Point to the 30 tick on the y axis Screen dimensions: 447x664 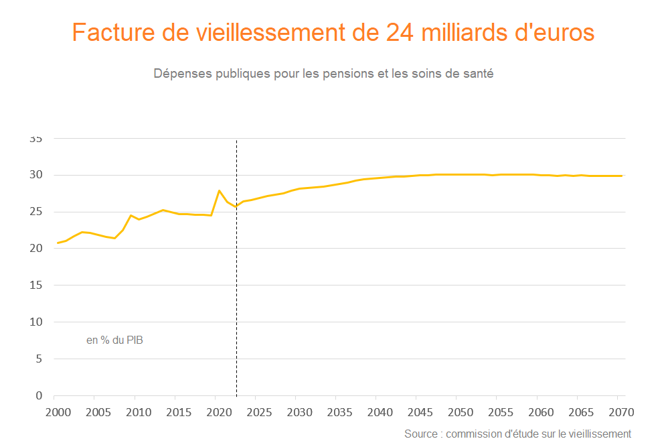tap(36, 175)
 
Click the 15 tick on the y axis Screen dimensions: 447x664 tap(36, 285)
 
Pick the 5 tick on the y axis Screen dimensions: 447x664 tap(39, 359)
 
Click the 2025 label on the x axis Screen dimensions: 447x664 tap(258, 411)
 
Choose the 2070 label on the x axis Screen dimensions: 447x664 tap(621, 411)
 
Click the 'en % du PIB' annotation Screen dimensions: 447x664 tap(114, 340)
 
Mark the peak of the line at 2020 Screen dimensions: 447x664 tap(220, 190)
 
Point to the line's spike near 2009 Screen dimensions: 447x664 tap(131, 215)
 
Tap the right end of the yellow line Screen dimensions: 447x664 tap(622, 176)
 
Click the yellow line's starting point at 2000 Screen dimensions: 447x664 tap(58, 243)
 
